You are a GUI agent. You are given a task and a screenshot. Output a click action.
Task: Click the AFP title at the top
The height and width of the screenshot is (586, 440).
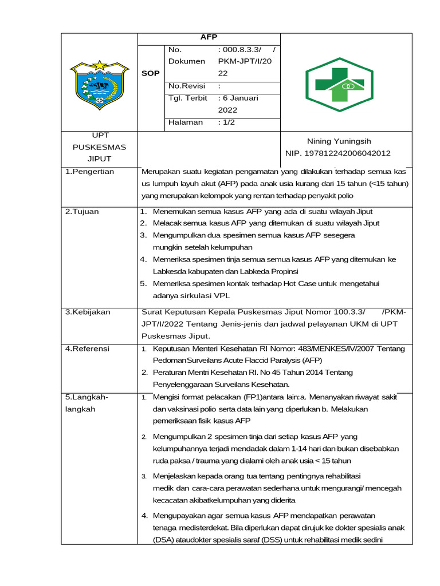pyautogui.click(x=209, y=37)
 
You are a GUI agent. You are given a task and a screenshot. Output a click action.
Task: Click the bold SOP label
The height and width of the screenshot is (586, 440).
pyautogui.click(x=151, y=73)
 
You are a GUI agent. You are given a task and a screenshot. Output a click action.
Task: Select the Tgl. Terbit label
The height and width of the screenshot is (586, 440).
pyautogui.click(x=187, y=98)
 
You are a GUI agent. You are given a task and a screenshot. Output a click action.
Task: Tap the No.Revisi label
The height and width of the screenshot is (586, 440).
pyautogui.click(x=186, y=86)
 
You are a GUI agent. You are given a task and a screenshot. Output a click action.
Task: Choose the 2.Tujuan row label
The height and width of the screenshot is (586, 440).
pyautogui.click(x=81, y=211)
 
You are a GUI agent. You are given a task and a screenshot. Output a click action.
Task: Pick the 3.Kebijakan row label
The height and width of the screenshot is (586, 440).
pyautogui.click(x=87, y=312)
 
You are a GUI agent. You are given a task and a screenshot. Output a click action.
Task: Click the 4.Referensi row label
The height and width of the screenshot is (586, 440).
pyautogui.click(x=87, y=349)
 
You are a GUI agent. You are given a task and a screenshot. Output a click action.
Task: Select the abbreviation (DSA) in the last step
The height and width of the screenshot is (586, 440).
pyautogui.click(x=163, y=540)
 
